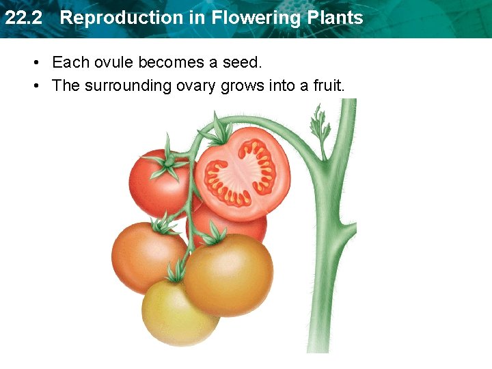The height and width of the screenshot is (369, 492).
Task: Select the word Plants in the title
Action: pyautogui.click(x=335, y=18)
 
